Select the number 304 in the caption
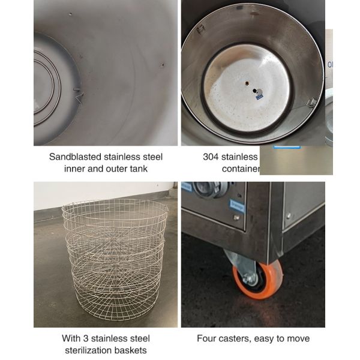211,157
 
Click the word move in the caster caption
298,338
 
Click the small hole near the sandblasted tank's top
70,14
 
